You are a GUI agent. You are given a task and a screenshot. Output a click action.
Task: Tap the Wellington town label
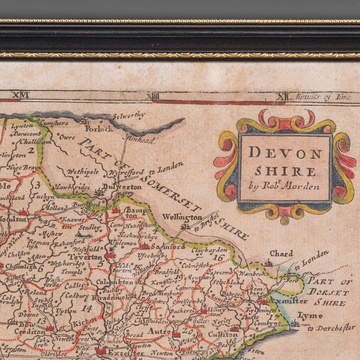(182, 217)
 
